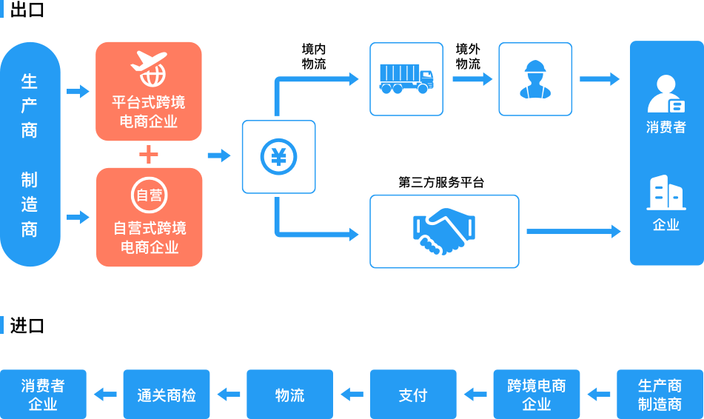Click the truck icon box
[406, 78]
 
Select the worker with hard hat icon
[535, 78]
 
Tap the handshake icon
[444, 231]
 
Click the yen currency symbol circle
[278, 157]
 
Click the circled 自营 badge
[149, 195]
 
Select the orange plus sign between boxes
[149, 154]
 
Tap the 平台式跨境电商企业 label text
[149, 112]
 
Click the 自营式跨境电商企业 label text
[149, 238]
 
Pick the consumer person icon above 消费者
[666, 94]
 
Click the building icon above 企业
[666, 193]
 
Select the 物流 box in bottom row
[289, 395]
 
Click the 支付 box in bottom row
[413, 395]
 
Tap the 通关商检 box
[167, 395]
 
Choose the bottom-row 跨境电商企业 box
[537, 395]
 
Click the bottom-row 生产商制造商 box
[660, 395]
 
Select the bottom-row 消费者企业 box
[43, 395]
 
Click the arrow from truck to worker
[472, 78]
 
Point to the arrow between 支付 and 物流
[352, 395]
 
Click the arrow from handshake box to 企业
[573, 232]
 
